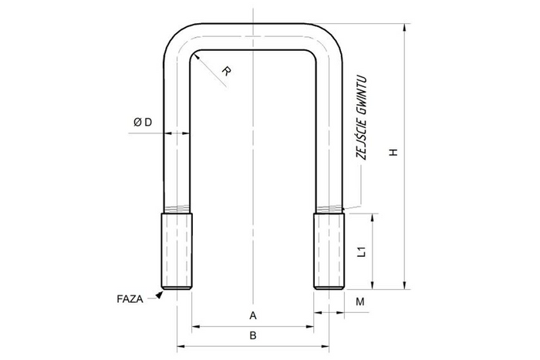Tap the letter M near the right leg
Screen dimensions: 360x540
(359, 301)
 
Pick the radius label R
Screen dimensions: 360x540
(226, 72)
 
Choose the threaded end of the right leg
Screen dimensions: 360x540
(328, 251)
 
